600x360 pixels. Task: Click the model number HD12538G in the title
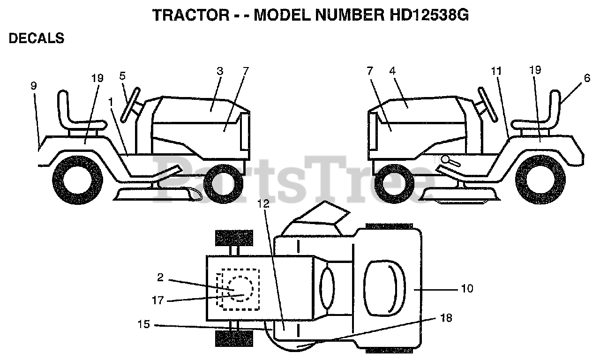coord(429,15)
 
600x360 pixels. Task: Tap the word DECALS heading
coord(37,38)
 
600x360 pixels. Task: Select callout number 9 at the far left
coord(34,86)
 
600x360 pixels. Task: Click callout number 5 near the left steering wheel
coord(122,75)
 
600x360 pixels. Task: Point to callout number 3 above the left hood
coord(220,71)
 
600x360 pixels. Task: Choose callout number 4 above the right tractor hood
coord(392,71)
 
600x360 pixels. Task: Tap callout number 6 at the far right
coord(587,79)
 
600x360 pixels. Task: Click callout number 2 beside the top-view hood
coord(160,277)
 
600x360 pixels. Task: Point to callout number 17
coord(158,300)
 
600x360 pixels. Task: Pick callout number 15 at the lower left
coord(144,324)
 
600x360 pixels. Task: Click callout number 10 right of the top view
coord(467,289)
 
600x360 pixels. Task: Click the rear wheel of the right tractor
coord(537,180)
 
